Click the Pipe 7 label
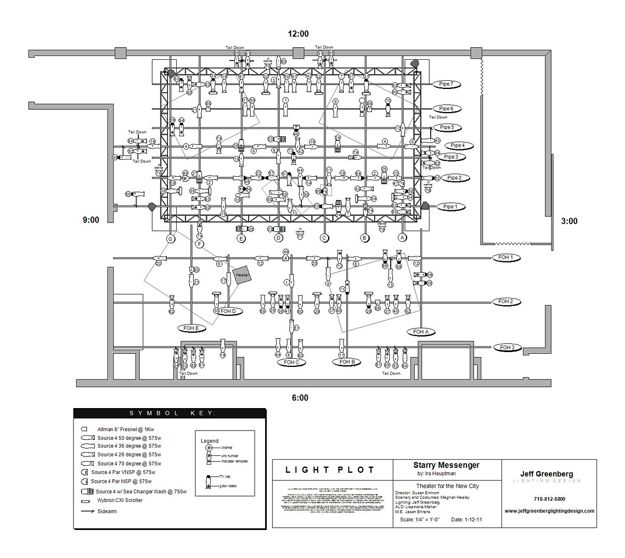point(446,84)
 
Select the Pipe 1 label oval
point(449,207)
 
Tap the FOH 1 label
point(505,257)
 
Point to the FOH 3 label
point(507,347)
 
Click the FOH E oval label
point(192,328)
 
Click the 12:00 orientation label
point(299,34)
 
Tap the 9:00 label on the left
point(91,220)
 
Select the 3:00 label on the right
point(569,221)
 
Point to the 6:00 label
point(300,398)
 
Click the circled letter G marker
point(171,238)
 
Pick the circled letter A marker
point(402,238)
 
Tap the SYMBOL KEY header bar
point(170,414)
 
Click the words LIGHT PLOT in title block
point(330,470)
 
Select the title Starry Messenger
point(446,465)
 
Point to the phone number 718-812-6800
point(549,499)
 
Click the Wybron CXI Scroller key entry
point(120,500)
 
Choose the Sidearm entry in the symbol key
point(107,511)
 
